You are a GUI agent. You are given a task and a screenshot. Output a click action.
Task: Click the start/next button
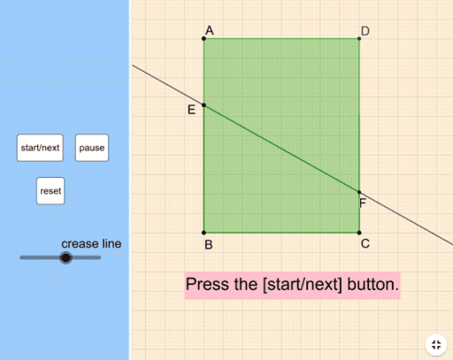click(x=40, y=148)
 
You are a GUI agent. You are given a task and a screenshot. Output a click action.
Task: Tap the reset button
click(x=50, y=191)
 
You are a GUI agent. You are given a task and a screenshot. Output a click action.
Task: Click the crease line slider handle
click(x=65, y=257)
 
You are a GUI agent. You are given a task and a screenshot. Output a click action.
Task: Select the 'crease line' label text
click(x=91, y=244)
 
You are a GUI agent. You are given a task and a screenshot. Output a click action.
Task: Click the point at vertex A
click(x=203, y=38)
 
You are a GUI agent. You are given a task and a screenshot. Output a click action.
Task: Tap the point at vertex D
click(x=359, y=38)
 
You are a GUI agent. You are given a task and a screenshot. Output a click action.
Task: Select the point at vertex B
click(x=203, y=233)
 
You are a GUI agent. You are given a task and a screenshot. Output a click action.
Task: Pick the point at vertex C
click(x=359, y=233)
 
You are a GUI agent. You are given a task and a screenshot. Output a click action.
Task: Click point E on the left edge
click(x=203, y=105)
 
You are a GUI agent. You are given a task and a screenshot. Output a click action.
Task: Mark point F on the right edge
click(x=359, y=192)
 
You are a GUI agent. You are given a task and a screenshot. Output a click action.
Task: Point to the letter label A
click(x=210, y=30)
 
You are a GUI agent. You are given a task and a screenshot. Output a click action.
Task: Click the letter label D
click(x=365, y=31)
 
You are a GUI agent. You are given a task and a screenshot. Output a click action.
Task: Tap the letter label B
click(x=209, y=245)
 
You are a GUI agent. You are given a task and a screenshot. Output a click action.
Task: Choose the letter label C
click(x=365, y=243)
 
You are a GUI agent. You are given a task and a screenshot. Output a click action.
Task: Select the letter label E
click(x=191, y=110)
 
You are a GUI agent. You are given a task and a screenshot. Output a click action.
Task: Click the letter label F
click(x=363, y=203)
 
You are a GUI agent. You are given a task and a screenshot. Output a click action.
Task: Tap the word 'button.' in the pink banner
click(x=372, y=285)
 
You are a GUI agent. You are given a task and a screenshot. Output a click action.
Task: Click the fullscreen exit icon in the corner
click(x=436, y=345)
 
